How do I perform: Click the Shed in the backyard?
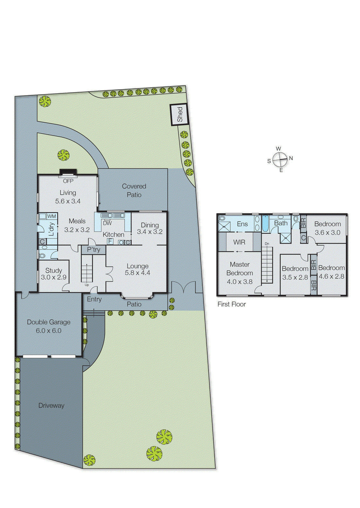click(179, 115)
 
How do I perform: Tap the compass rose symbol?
click(280, 159)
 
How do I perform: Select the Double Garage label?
click(49, 322)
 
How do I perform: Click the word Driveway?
click(51, 405)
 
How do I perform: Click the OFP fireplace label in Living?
click(68, 181)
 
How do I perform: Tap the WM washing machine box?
click(51, 216)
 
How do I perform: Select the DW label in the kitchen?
click(107, 223)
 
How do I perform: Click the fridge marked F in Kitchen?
click(110, 241)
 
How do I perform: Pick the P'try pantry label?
click(93, 250)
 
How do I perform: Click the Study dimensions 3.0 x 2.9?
click(53, 277)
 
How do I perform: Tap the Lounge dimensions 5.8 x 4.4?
click(137, 273)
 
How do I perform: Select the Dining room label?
click(150, 225)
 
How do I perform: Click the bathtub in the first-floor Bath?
click(265, 224)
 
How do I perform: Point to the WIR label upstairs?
click(239, 242)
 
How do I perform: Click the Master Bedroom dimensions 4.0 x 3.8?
click(240, 282)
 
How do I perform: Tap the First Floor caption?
click(231, 304)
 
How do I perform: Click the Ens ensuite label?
click(242, 224)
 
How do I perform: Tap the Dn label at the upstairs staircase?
click(267, 244)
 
